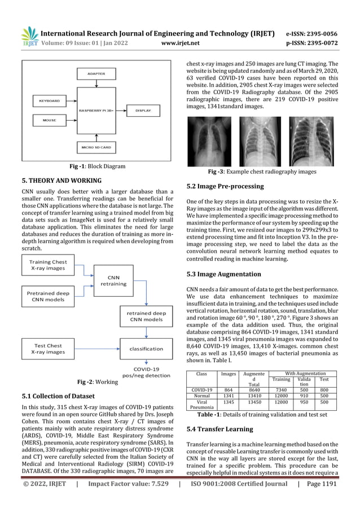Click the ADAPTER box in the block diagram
click(x=95, y=74)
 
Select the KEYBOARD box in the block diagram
click(x=50, y=101)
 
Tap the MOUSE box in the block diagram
click(x=50, y=120)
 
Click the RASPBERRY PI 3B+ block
click(x=95, y=111)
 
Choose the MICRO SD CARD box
click(x=95, y=147)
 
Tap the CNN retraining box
click(x=113, y=280)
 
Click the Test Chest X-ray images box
click(x=48, y=349)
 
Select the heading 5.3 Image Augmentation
click(x=223, y=274)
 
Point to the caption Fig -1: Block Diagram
click(x=95, y=166)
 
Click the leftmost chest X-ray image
click(x=209, y=141)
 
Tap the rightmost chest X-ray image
click(x=311, y=141)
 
